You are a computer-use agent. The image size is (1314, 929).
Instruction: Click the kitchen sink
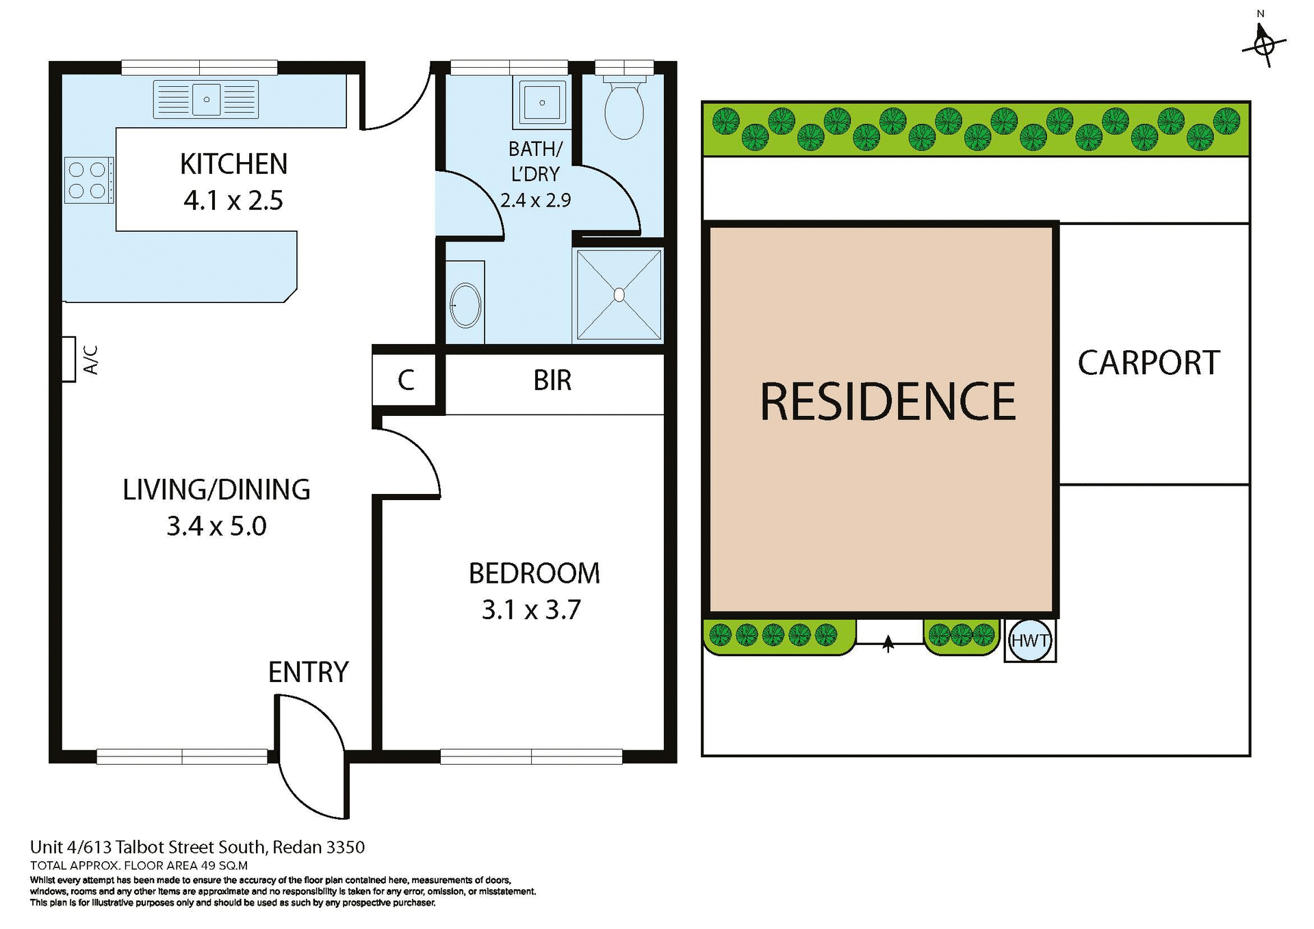click(206, 99)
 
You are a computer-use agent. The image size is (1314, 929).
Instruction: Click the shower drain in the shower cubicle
click(619, 295)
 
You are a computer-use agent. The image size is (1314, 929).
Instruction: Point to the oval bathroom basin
click(466, 305)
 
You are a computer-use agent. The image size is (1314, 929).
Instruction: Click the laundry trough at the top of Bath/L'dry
click(542, 103)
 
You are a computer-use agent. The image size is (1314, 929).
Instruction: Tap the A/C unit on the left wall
click(68, 358)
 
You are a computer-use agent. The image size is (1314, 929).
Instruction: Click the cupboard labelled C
click(405, 380)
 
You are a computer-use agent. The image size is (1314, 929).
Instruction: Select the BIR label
click(552, 380)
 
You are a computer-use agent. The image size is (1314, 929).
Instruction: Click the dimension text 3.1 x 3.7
click(531, 610)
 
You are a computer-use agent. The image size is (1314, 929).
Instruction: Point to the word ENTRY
click(308, 672)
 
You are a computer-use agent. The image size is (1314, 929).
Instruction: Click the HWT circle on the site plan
click(1030, 640)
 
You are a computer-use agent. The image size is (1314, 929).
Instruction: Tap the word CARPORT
click(1148, 363)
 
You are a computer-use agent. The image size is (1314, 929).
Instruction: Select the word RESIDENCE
click(888, 402)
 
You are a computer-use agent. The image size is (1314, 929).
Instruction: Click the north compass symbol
click(1264, 45)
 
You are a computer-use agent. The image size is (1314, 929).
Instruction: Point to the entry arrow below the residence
click(888, 643)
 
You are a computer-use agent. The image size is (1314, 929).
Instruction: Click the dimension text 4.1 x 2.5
click(233, 200)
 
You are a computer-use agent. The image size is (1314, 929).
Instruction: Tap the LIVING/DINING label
click(216, 490)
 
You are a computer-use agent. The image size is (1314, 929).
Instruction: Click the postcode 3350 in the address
click(346, 847)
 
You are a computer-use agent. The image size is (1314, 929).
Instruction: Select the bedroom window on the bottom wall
click(531, 756)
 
